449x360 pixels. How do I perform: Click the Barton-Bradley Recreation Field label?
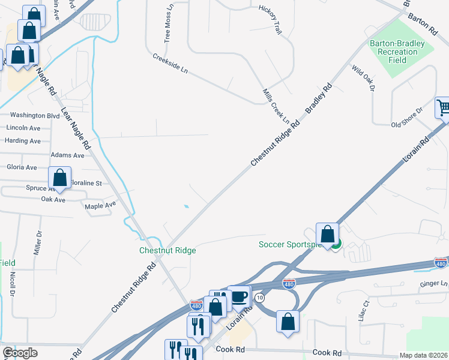point(397,52)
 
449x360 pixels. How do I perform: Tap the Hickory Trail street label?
point(270,20)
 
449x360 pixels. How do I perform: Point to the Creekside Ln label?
point(170,64)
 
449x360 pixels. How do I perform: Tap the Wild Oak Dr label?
point(363,78)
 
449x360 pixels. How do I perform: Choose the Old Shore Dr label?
point(406,118)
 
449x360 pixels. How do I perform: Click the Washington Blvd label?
point(35,115)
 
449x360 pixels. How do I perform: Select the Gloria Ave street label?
point(21,167)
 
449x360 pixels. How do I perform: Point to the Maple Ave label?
point(100,205)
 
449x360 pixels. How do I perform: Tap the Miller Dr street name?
point(38,242)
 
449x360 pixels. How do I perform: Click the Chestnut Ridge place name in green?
point(167,250)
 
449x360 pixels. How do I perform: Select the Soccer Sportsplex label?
point(291,244)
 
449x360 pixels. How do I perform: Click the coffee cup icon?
point(239,296)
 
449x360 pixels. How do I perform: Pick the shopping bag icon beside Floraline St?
point(59,178)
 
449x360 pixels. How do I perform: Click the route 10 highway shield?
point(259,298)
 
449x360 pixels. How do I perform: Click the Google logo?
point(20,353)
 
